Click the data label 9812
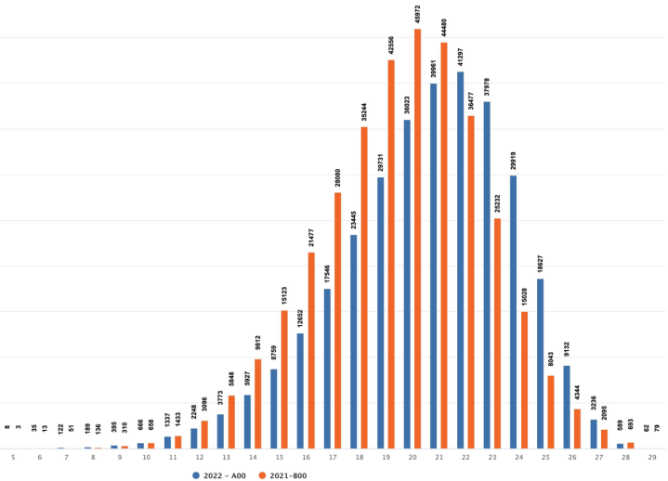(x=258, y=344)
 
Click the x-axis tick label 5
(x=13, y=458)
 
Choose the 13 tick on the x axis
(x=226, y=458)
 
